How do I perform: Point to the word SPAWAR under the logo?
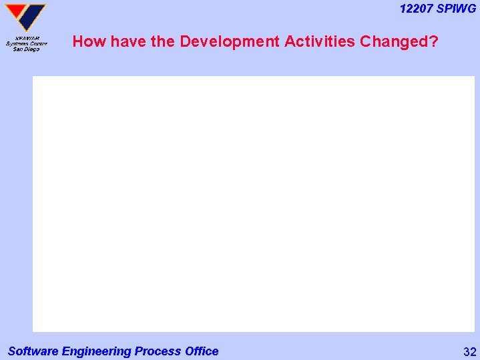click(27, 38)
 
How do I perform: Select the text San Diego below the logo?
click(27, 49)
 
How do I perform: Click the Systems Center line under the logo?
click(27, 44)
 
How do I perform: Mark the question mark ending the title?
click(434, 41)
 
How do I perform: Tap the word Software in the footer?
click(33, 351)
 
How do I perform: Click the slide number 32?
click(469, 352)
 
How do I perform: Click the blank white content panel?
click(253, 204)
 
